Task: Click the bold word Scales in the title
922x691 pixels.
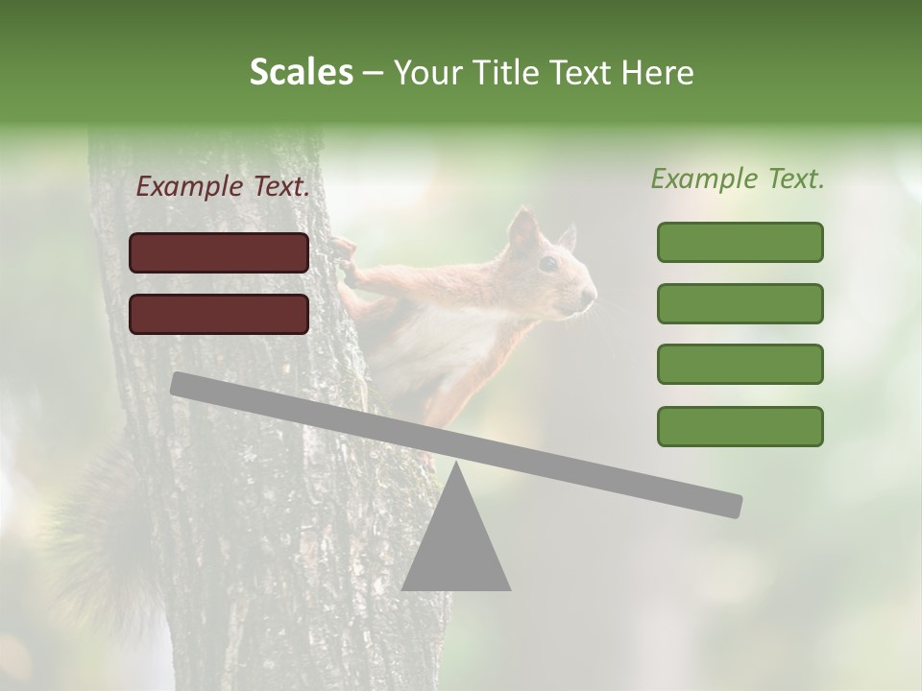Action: pos(301,73)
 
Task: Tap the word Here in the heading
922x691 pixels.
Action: pos(658,73)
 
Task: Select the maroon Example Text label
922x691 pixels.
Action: pos(223,187)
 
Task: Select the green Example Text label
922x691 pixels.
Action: pos(738,179)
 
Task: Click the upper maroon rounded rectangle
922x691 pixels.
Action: pos(219,252)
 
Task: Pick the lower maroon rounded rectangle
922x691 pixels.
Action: pos(219,314)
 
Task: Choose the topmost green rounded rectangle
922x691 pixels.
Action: pos(740,242)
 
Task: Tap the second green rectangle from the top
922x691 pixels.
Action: pos(740,303)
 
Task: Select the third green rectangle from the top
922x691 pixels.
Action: pos(740,364)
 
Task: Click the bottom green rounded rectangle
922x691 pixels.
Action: pos(740,426)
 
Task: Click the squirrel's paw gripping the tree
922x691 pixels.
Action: pos(344,254)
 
